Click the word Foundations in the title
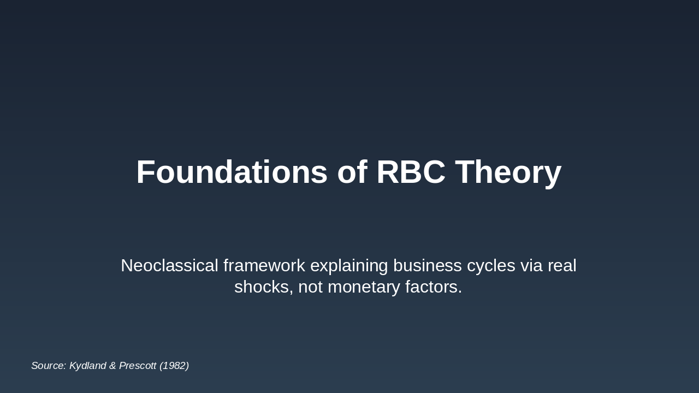(x=232, y=172)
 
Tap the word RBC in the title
(x=411, y=172)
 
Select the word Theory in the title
(x=508, y=174)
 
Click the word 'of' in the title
(x=352, y=172)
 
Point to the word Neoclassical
(x=169, y=265)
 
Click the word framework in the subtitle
(x=264, y=265)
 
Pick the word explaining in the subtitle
(x=349, y=267)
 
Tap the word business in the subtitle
(x=428, y=265)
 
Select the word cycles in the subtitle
(x=491, y=267)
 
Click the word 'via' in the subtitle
(x=531, y=265)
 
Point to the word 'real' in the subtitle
(x=562, y=265)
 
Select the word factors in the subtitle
(x=434, y=287)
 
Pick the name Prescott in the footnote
(x=138, y=366)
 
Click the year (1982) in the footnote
(x=174, y=366)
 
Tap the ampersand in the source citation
(x=112, y=366)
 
